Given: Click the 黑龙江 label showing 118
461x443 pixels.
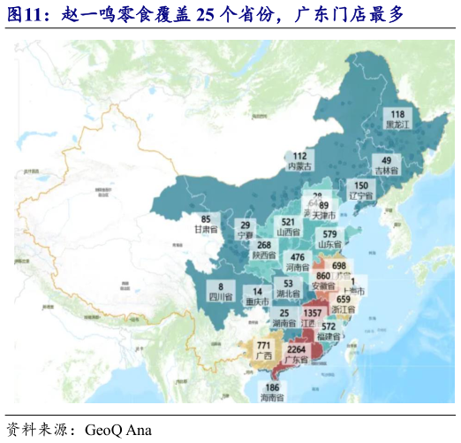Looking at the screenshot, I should (x=397, y=119).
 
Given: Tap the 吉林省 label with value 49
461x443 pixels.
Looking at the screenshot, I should (x=387, y=164).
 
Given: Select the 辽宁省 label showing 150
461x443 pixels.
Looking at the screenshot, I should (x=361, y=190).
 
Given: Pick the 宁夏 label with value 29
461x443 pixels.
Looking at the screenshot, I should (x=246, y=230).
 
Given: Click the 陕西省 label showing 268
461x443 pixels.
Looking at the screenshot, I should (x=263, y=250).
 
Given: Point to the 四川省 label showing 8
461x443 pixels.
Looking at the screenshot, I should (x=220, y=292).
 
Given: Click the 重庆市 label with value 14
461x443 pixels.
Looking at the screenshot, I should (x=257, y=296).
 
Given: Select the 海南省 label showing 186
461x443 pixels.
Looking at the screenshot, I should (x=272, y=393).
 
